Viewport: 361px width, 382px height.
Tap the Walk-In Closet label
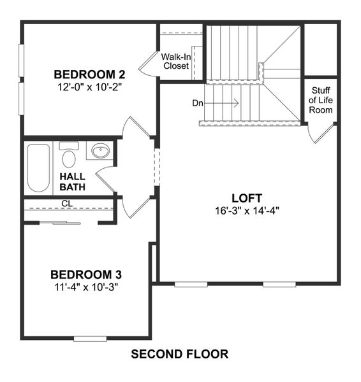pyautogui.click(x=175, y=60)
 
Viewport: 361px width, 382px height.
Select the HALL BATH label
pyautogui.click(x=73, y=181)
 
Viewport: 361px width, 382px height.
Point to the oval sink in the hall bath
pyautogui.click(x=101, y=152)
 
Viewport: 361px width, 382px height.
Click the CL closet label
pyautogui.click(x=66, y=204)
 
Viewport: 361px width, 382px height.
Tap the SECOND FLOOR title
pyautogui.click(x=179, y=354)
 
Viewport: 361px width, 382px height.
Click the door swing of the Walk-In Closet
pyautogui.click(x=149, y=64)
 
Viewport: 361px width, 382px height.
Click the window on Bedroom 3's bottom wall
pyautogui.click(x=90, y=338)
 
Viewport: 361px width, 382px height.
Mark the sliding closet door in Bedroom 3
pyautogui.click(x=61, y=222)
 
